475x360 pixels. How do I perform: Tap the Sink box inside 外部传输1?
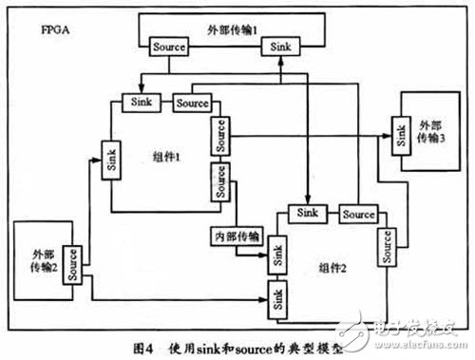(x=282, y=46)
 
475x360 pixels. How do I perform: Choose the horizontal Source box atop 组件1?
(x=192, y=102)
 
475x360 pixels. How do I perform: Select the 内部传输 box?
(x=236, y=235)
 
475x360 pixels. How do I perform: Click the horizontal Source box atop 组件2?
(x=359, y=214)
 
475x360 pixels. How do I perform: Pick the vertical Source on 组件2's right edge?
(x=387, y=248)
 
